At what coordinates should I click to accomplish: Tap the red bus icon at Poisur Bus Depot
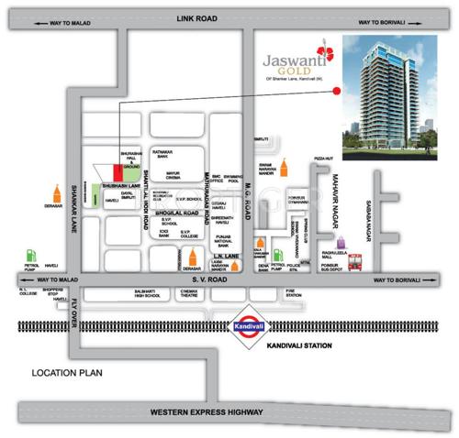click(358, 260)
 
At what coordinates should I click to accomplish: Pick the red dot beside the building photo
click(336, 90)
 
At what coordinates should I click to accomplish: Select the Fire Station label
click(293, 293)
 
